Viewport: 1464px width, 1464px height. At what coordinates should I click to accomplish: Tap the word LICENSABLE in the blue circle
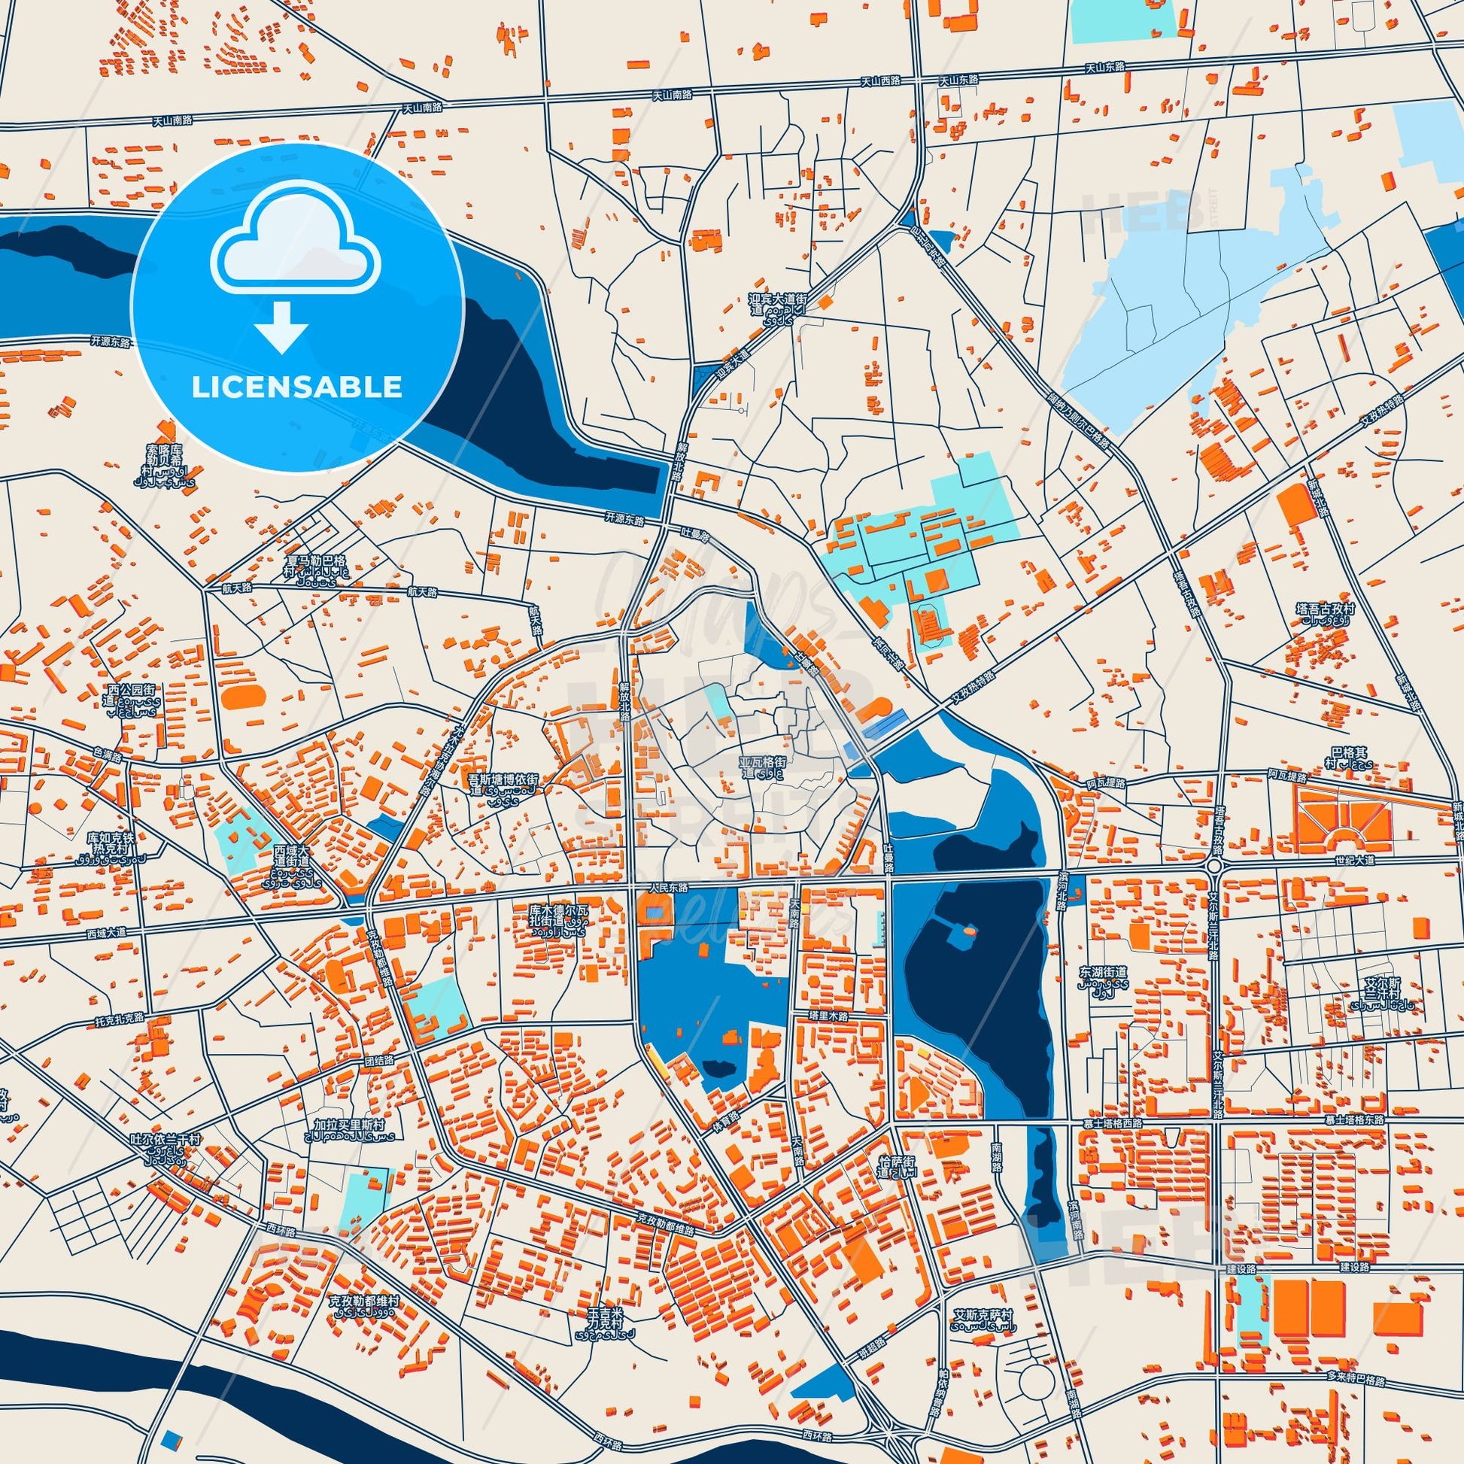pyautogui.click(x=296, y=387)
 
